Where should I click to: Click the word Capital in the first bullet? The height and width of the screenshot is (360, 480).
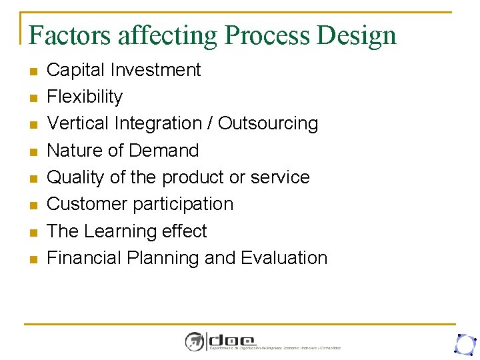tap(77, 70)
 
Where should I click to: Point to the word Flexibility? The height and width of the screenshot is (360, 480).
tap(85, 97)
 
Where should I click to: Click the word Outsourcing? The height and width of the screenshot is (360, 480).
tap(268, 124)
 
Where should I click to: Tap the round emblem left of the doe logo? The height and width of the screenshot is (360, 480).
tap(195, 341)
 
